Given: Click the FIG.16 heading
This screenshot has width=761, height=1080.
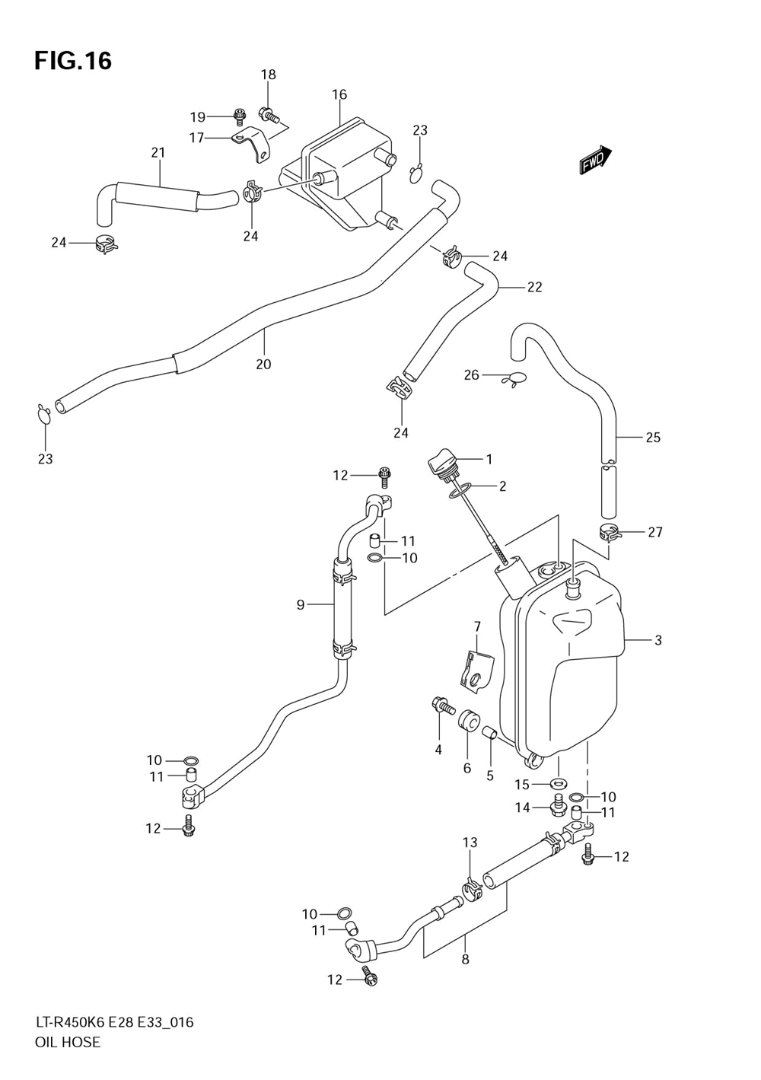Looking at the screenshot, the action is tap(73, 61).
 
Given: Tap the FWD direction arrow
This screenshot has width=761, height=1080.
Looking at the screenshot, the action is tap(595, 160).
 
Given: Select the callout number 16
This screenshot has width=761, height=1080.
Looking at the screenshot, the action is tap(339, 94).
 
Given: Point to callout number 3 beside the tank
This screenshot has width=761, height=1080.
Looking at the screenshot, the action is tap(658, 640).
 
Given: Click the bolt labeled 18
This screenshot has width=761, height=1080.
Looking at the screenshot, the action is tap(269, 114).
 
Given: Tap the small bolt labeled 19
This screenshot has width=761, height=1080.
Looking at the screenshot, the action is tap(238, 115).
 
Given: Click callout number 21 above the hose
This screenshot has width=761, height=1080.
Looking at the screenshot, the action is tap(158, 153).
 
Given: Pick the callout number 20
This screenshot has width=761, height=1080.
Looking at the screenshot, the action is tap(263, 364).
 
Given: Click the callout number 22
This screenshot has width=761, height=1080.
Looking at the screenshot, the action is tap(534, 287).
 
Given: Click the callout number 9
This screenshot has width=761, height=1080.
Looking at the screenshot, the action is tap(301, 604).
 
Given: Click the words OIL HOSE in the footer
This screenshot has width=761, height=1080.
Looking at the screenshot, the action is tap(68, 1056).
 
